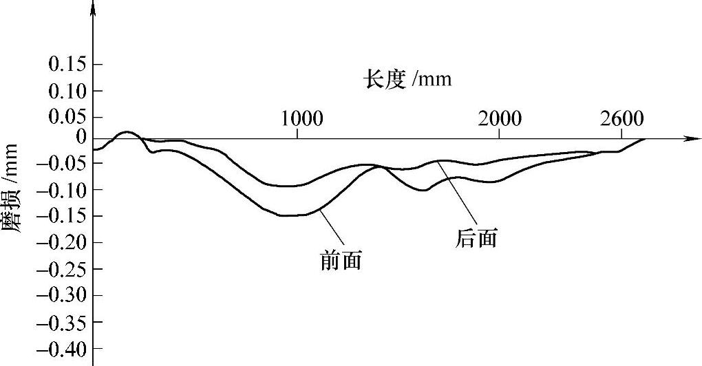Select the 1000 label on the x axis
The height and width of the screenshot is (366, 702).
click(301, 118)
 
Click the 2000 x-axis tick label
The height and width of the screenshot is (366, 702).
click(500, 118)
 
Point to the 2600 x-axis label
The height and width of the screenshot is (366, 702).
click(622, 118)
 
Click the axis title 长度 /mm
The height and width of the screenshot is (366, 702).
click(407, 80)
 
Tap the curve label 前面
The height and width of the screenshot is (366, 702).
click(341, 260)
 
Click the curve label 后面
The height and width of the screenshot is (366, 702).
click(476, 238)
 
